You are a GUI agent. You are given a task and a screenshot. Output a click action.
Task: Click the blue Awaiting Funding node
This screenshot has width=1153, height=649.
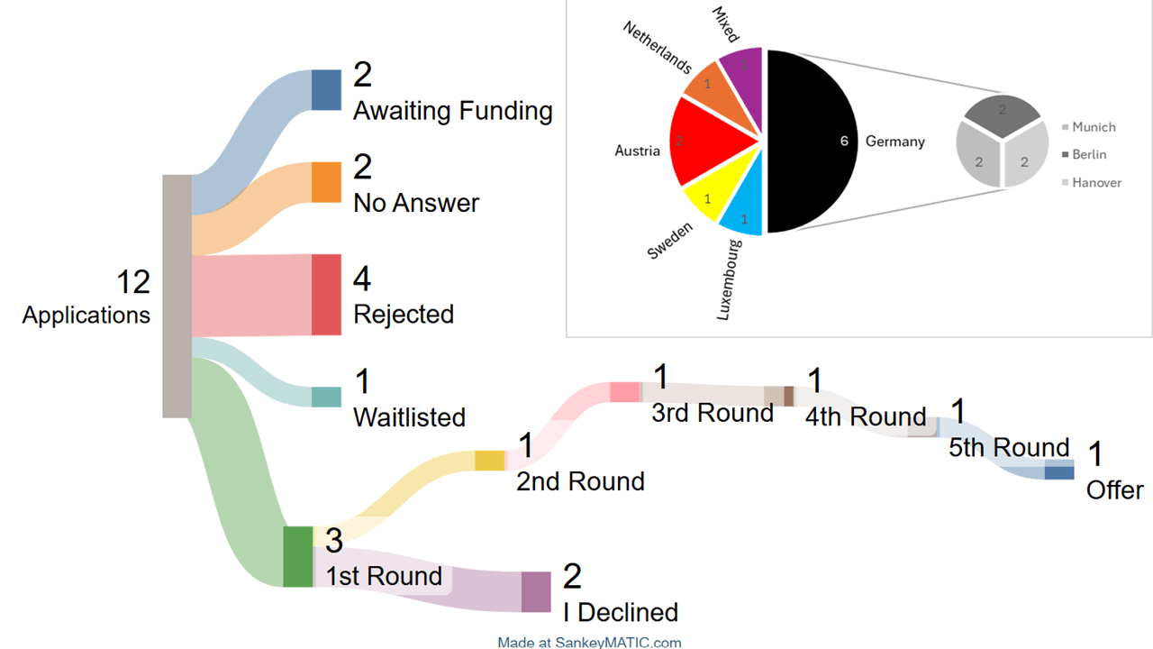326,89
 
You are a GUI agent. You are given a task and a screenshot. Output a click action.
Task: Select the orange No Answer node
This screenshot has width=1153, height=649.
326,182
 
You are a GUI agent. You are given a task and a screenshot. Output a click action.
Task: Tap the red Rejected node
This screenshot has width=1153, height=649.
326,295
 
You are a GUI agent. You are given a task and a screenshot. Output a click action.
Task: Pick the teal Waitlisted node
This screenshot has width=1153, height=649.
326,398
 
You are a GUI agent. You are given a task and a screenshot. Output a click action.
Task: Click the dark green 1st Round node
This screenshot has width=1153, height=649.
298,557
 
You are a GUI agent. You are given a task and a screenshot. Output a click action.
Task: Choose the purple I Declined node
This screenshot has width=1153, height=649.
536,592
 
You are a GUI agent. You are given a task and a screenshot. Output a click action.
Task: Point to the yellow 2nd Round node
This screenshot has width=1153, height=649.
490,461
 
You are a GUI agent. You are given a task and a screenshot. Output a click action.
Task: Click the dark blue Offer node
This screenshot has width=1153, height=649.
1059,470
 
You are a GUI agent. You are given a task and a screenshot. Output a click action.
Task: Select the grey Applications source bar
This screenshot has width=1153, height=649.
177,297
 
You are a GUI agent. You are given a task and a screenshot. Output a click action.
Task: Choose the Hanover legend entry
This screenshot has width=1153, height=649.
1092,182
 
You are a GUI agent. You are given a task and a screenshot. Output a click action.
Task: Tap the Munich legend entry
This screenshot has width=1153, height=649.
1089,127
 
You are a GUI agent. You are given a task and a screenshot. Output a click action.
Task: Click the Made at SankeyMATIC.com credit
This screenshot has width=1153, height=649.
589,643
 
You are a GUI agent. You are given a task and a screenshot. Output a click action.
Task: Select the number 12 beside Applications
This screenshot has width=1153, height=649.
133,282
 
